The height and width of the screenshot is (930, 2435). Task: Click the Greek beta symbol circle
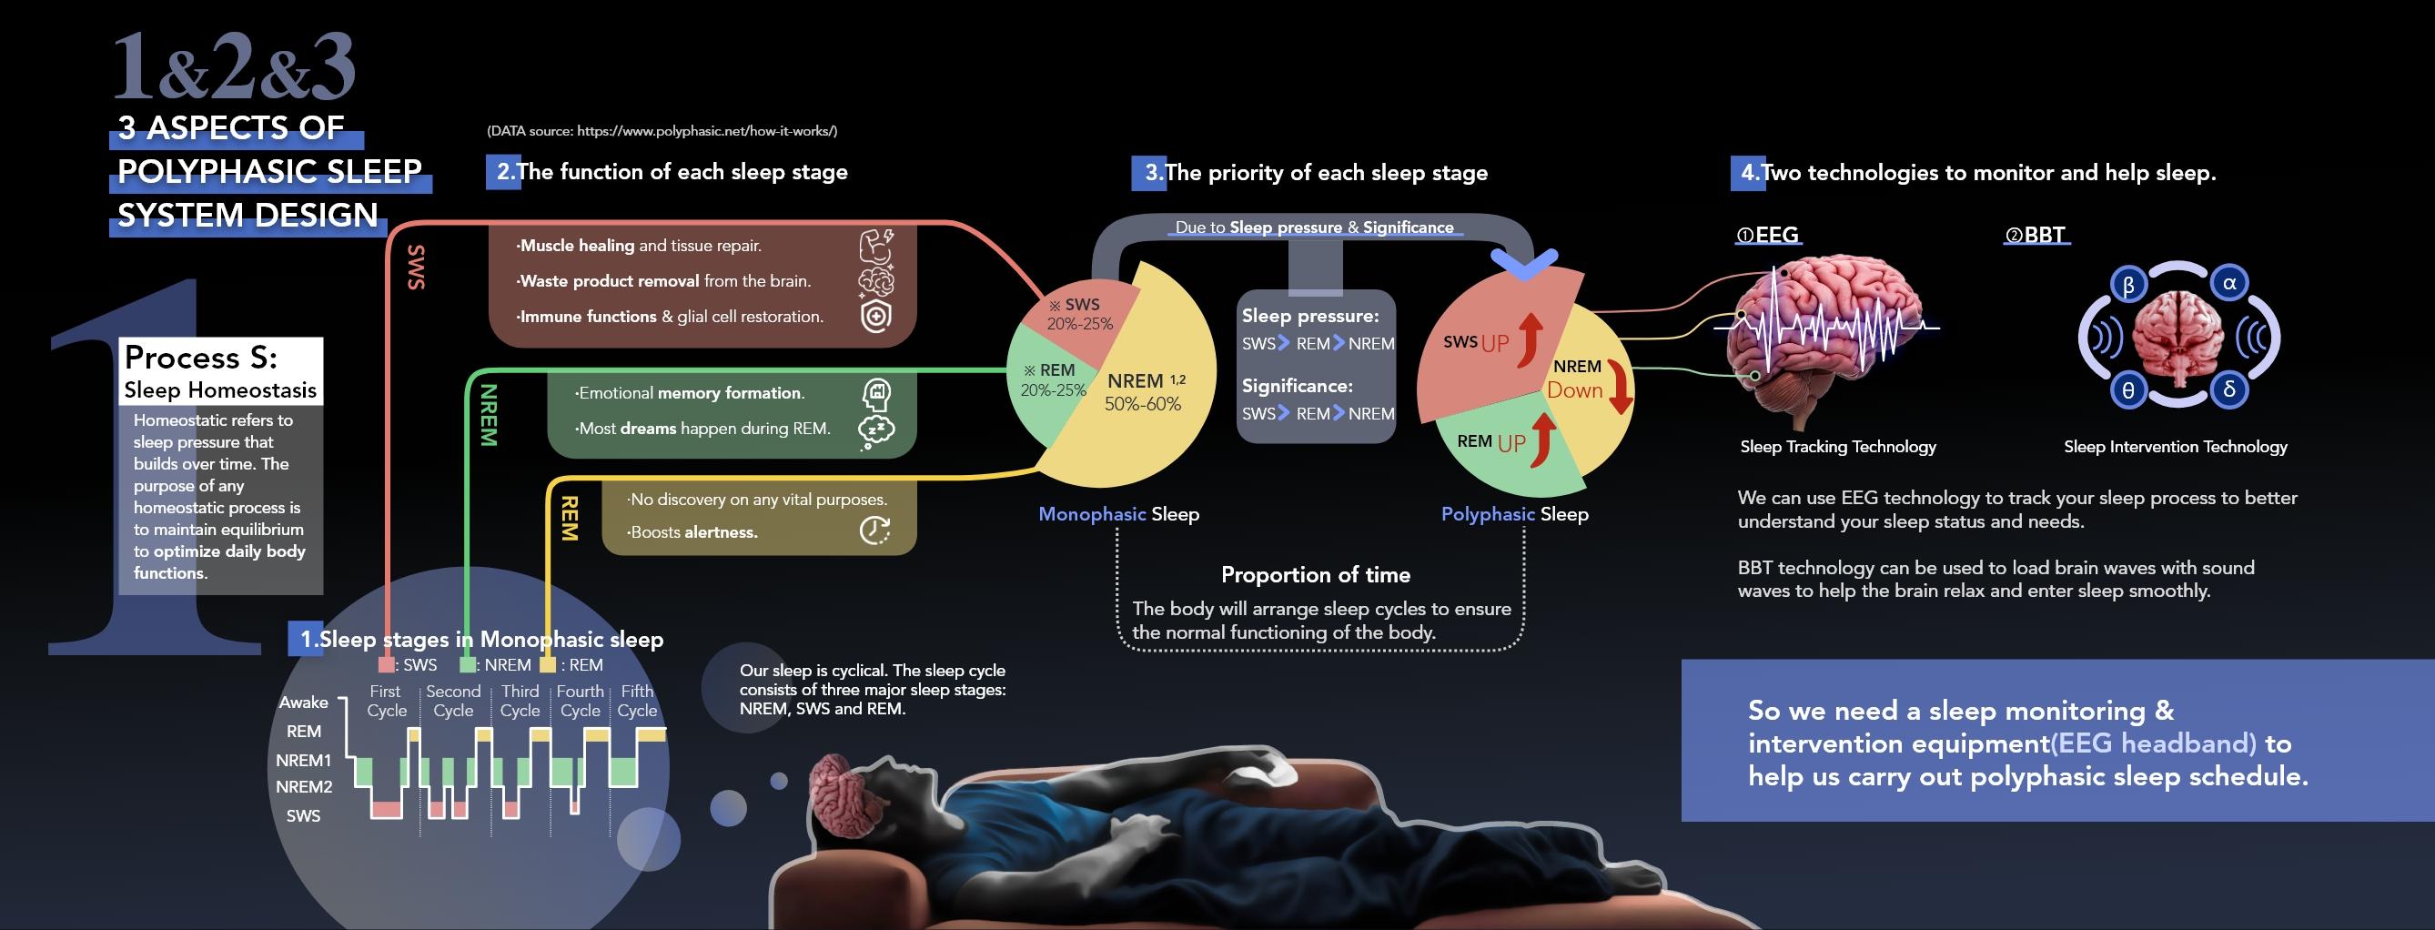tap(2128, 286)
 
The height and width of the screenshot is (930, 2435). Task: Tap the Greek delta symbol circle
tap(2229, 389)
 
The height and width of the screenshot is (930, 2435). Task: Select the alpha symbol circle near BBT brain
tap(2229, 283)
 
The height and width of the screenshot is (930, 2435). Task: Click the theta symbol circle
tap(2128, 391)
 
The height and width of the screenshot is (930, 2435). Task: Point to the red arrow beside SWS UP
tap(1530, 340)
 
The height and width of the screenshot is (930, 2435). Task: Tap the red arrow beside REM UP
tap(1542, 440)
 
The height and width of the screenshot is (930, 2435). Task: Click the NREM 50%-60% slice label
tap(1144, 392)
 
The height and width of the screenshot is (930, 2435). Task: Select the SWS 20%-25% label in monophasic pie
tap(1079, 314)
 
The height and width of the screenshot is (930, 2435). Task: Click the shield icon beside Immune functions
tap(875, 317)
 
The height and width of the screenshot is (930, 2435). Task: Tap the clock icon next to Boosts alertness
tap(874, 531)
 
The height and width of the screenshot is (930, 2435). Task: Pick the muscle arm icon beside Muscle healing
tap(876, 245)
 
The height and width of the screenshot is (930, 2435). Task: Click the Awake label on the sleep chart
tap(303, 703)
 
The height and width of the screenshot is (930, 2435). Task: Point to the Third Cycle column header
tap(520, 701)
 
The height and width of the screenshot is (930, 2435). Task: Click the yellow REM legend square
tap(547, 664)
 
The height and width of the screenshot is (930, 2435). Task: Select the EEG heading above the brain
tap(1768, 235)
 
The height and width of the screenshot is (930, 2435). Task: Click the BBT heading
tap(2036, 235)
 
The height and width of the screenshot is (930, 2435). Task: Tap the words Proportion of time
tap(1315, 574)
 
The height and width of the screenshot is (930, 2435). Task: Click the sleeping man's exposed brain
tap(834, 792)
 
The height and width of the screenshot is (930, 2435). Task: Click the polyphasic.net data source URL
tap(706, 131)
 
